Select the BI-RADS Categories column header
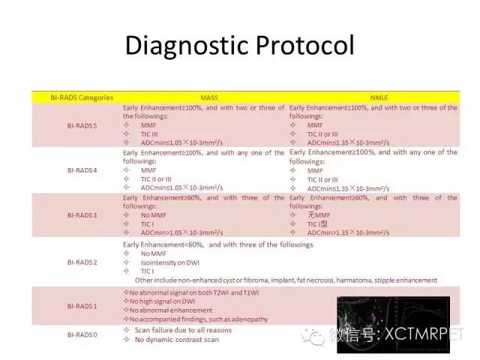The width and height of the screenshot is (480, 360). (x=71, y=97)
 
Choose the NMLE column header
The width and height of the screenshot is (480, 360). (x=373, y=97)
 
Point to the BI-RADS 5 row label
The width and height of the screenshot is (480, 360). (x=71, y=125)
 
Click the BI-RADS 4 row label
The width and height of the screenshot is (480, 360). (x=71, y=169)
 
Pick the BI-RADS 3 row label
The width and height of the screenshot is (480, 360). (x=71, y=214)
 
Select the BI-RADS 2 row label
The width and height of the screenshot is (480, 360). (x=71, y=262)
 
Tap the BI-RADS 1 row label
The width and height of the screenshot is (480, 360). (x=71, y=305)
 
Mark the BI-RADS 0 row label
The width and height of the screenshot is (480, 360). (x=71, y=334)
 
